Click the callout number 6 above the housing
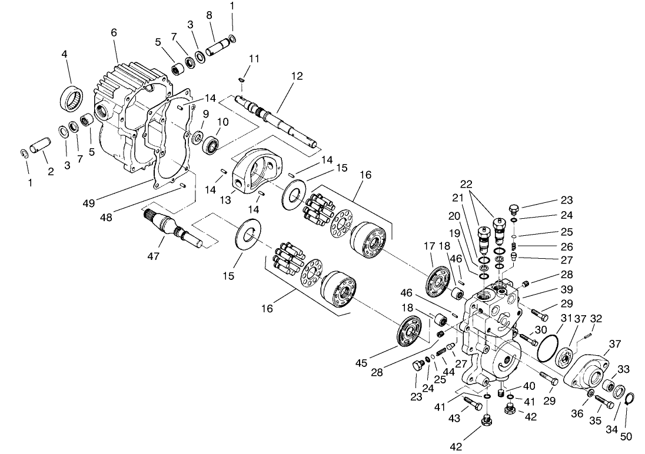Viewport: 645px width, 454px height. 114,34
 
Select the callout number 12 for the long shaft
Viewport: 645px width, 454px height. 296,76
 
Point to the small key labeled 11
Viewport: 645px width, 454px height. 241,80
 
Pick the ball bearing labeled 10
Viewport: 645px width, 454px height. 211,144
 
